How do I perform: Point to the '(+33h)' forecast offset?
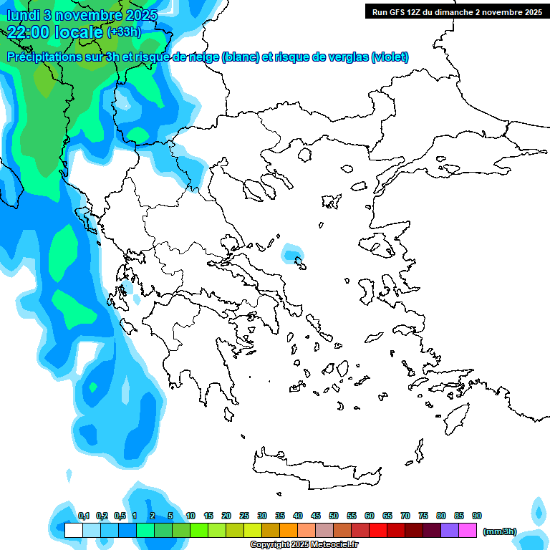tap(124, 32)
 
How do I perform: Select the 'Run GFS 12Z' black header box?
tap(456, 11)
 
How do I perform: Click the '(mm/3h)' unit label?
tap(500, 531)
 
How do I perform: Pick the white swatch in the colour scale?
tap(73, 530)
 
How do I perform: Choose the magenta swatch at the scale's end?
tap(468, 530)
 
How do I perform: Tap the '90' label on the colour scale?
tap(477, 516)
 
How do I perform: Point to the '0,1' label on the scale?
tap(83, 516)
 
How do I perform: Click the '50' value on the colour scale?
tap(334, 516)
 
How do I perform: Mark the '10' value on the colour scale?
tap(190, 516)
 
